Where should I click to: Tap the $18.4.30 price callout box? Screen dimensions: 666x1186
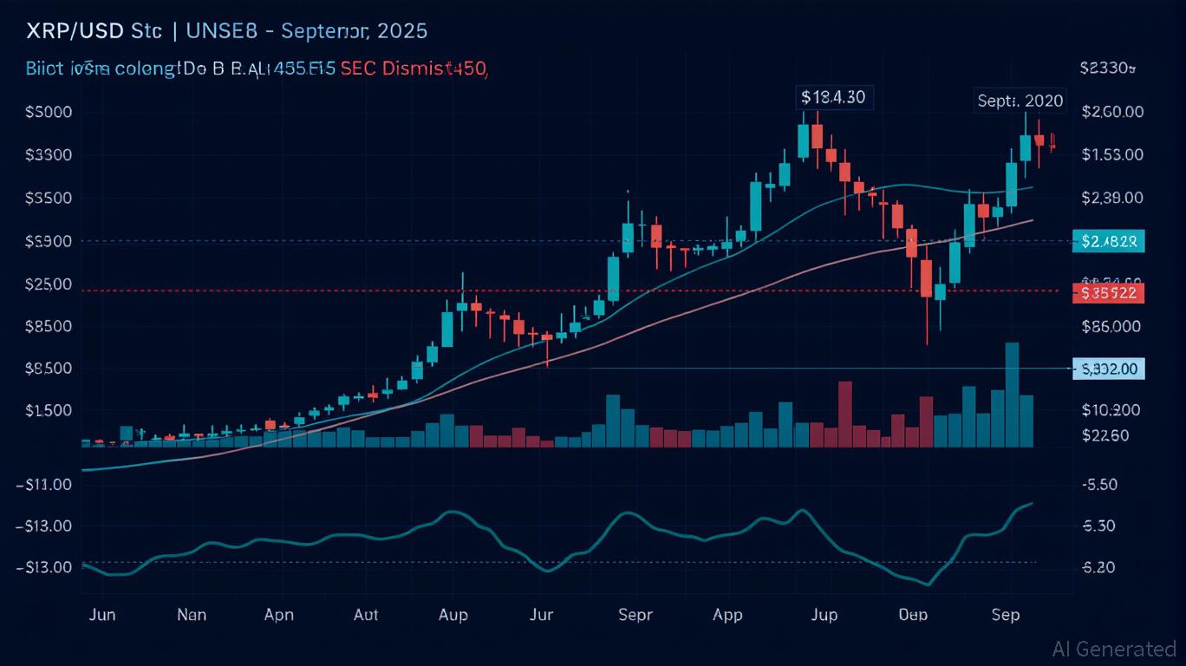coord(833,97)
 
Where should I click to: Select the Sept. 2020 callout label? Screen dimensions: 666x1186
coord(1020,101)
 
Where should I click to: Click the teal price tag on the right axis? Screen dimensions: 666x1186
coord(1110,241)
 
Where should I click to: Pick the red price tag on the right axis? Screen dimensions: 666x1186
coord(1110,293)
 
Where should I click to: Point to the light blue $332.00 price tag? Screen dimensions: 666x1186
coord(1110,369)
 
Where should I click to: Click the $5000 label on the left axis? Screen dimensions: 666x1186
coord(49,112)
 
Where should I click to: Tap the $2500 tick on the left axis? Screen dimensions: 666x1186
coord(49,284)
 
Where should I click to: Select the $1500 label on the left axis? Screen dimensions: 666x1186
coord(49,410)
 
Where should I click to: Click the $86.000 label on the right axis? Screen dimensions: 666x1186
coord(1111,327)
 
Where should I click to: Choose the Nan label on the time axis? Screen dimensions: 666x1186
coord(192,615)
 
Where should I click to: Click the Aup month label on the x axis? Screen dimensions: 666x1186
coord(453,615)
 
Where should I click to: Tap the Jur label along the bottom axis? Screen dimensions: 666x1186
coord(541,615)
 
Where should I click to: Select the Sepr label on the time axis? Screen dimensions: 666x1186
coord(635,615)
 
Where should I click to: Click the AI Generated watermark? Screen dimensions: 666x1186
coord(1114,649)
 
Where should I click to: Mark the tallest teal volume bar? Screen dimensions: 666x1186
coord(1012,395)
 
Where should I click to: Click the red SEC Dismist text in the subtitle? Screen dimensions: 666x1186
coord(414,69)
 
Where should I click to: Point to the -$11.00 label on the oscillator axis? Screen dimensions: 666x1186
coord(45,485)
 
